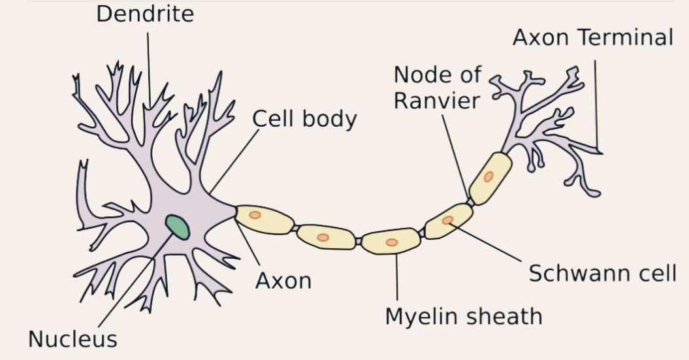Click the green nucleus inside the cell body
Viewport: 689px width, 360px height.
[177, 227]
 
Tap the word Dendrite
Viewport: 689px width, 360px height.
[145, 14]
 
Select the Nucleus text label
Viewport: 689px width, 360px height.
[72, 339]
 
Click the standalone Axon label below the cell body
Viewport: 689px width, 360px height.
[283, 281]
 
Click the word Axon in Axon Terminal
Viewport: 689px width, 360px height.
[541, 38]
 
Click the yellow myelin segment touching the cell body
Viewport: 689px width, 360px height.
[264, 219]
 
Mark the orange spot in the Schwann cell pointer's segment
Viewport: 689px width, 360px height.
[447, 220]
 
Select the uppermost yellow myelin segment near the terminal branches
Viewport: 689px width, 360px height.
[490, 178]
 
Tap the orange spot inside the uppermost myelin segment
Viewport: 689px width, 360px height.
[489, 176]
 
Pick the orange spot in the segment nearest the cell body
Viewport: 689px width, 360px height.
[255, 214]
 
